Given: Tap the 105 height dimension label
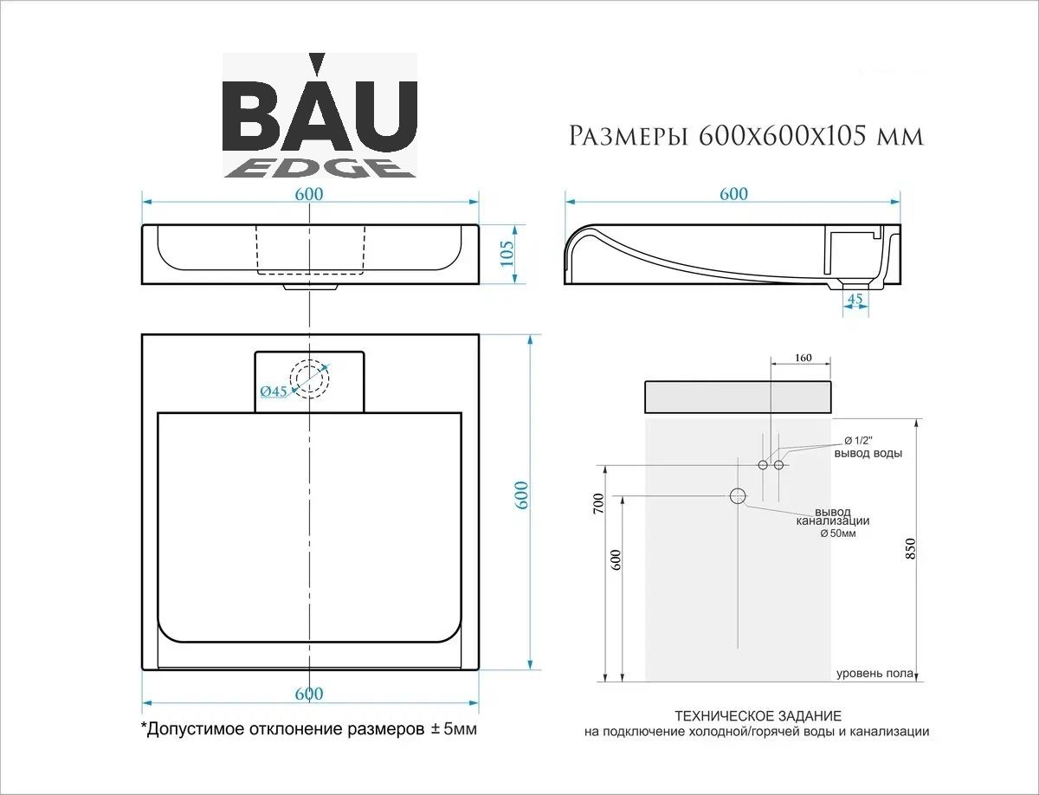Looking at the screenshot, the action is pyautogui.click(x=507, y=254).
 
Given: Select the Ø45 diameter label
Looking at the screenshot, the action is pyautogui.click(x=274, y=391).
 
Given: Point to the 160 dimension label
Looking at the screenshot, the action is pyautogui.click(x=803, y=358).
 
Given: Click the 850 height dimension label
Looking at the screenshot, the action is pyautogui.click(x=910, y=549).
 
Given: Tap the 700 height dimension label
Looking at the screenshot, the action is pyautogui.click(x=599, y=503).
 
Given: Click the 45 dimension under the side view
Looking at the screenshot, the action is pyautogui.click(x=855, y=299).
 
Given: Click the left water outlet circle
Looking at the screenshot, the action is pyautogui.click(x=763, y=465).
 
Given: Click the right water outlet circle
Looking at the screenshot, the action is pyautogui.click(x=778, y=465).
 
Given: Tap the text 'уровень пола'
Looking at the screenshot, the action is pyautogui.click(x=874, y=673).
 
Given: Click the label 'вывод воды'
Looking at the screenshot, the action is pyautogui.click(x=868, y=453).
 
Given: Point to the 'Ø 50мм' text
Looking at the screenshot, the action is pyautogui.click(x=838, y=533).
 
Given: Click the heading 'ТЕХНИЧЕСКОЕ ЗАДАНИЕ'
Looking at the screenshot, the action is pyautogui.click(x=758, y=715).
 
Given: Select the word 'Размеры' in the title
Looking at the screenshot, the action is pyautogui.click(x=628, y=136).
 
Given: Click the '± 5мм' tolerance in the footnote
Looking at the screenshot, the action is pyautogui.click(x=454, y=728).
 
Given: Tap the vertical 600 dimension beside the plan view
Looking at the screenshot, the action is pyautogui.click(x=521, y=495).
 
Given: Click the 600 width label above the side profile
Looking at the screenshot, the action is pyautogui.click(x=733, y=194).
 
